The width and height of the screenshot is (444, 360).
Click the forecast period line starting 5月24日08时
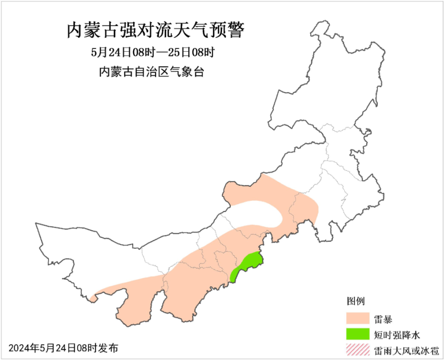(152, 52)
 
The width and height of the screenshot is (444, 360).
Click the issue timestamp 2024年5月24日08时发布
(63, 348)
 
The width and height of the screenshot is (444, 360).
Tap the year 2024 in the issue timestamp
(19, 348)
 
